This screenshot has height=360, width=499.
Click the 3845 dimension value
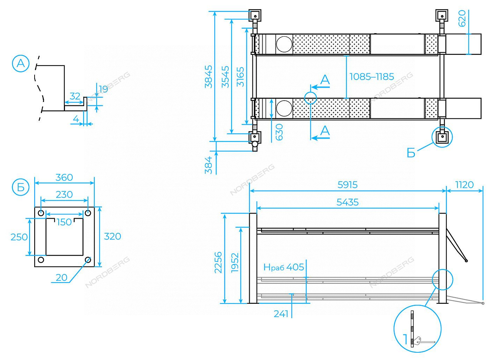coord(208,76)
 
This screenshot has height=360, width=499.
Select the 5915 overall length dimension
coord(347,184)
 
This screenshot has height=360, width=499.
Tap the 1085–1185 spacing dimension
coord(372,76)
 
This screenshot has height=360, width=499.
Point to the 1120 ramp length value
coord(464,184)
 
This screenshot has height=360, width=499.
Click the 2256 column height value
coord(218,263)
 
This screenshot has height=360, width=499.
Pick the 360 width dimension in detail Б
coord(64,177)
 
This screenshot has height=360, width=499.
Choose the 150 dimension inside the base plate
coord(64,222)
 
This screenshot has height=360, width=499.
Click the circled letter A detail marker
coord(21,64)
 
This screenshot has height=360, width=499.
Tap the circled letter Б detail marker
coord(21,188)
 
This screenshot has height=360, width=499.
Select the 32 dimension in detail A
coord(75,96)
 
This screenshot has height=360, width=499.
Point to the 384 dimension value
coord(208,165)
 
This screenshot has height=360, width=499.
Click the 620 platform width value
coord(462,19)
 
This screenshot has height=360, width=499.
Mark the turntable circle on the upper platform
coord(284,44)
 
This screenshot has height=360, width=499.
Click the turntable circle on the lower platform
coord(284,108)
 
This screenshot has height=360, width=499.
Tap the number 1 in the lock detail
coord(405,339)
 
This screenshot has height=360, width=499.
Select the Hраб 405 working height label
coord(284,267)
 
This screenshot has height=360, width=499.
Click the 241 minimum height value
coord(281,314)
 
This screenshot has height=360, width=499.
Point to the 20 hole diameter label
coord(61,278)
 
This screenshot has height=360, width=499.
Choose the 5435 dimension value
coord(347,202)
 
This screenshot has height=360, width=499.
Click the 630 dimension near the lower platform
coord(279,132)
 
